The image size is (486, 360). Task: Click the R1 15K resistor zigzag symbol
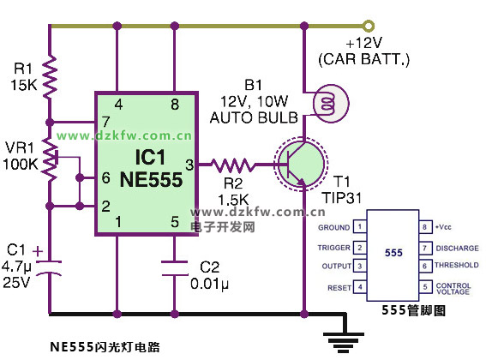click(50, 77)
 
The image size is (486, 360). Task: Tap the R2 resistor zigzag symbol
click(232, 165)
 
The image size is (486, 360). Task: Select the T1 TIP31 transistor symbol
click(300, 165)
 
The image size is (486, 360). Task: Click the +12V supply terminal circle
click(369, 26)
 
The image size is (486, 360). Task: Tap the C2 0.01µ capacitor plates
click(175, 268)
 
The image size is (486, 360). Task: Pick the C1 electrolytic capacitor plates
click(49, 268)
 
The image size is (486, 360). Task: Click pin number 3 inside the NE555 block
click(189, 165)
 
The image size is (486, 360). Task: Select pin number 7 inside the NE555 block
click(105, 122)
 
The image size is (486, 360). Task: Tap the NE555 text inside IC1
click(151, 179)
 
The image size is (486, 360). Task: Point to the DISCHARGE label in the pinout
click(457, 248)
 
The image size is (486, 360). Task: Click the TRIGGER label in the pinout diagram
click(333, 248)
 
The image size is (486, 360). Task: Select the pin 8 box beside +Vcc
click(424, 226)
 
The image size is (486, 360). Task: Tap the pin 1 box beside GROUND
click(360, 226)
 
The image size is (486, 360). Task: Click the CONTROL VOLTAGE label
click(453, 288)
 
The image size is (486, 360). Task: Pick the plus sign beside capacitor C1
click(38, 251)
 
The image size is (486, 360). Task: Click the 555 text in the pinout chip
click(393, 252)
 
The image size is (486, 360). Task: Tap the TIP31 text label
click(342, 197)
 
